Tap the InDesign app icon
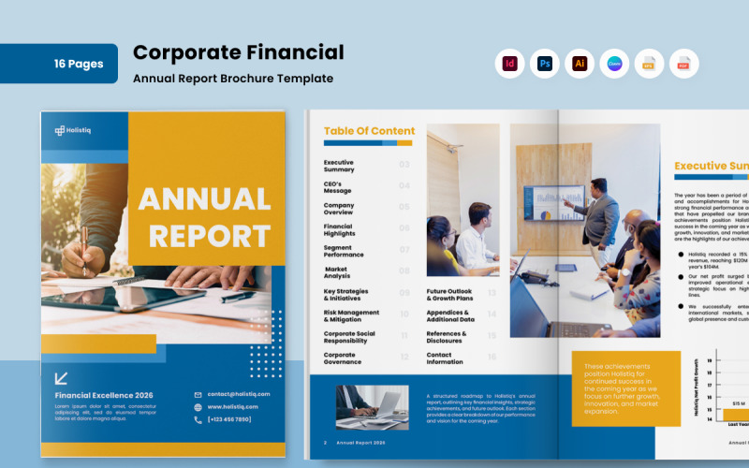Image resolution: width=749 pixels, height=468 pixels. pos(509,64)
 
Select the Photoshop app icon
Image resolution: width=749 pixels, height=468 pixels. pos(544,64)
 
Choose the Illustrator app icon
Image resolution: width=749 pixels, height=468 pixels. pos(580,64)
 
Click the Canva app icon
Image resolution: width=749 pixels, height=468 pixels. pos(614,64)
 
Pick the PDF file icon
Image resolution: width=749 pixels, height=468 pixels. pos(683,64)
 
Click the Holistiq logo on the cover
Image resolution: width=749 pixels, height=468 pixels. pos(72,131)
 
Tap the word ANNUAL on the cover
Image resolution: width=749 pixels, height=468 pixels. pos(204,199)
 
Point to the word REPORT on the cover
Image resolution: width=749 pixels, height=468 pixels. pos(209,236)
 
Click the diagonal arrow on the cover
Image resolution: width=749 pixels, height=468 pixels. pos(61,378)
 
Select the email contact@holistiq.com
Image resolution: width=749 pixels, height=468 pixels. pos(238,394)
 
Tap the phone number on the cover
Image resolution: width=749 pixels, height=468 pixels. pos(228,419)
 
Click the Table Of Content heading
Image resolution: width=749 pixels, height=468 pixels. pos(369,131)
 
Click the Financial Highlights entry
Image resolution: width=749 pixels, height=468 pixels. pos(338,229)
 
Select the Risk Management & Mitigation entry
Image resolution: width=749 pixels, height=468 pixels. pos(351,315)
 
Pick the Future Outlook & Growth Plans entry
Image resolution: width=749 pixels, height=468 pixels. pos(449,295)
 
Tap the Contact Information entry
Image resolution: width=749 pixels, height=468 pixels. pos(445,358)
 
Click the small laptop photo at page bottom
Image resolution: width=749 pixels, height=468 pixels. pos(373,406)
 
